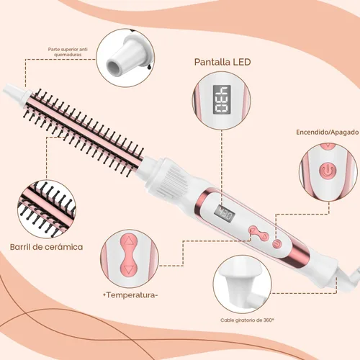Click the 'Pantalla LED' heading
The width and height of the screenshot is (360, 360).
(x=222, y=62)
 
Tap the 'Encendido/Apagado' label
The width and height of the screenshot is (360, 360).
(x=328, y=132)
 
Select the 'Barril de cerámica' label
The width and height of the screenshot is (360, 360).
(x=47, y=247)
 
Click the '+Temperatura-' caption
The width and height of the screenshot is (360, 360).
(x=130, y=294)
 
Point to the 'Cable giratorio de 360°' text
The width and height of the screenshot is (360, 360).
(x=247, y=320)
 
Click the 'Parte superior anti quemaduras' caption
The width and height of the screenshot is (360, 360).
(x=68, y=52)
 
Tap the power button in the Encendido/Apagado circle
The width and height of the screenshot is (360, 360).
(x=328, y=171)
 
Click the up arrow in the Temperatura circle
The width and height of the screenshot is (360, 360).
(x=129, y=240)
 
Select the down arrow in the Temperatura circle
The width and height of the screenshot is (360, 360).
(x=129, y=270)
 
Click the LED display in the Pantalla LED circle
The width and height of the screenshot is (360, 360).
(x=222, y=99)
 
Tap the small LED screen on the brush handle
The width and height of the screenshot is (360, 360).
(x=225, y=213)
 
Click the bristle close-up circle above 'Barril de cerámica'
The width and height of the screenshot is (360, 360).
(x=47, y=209)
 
